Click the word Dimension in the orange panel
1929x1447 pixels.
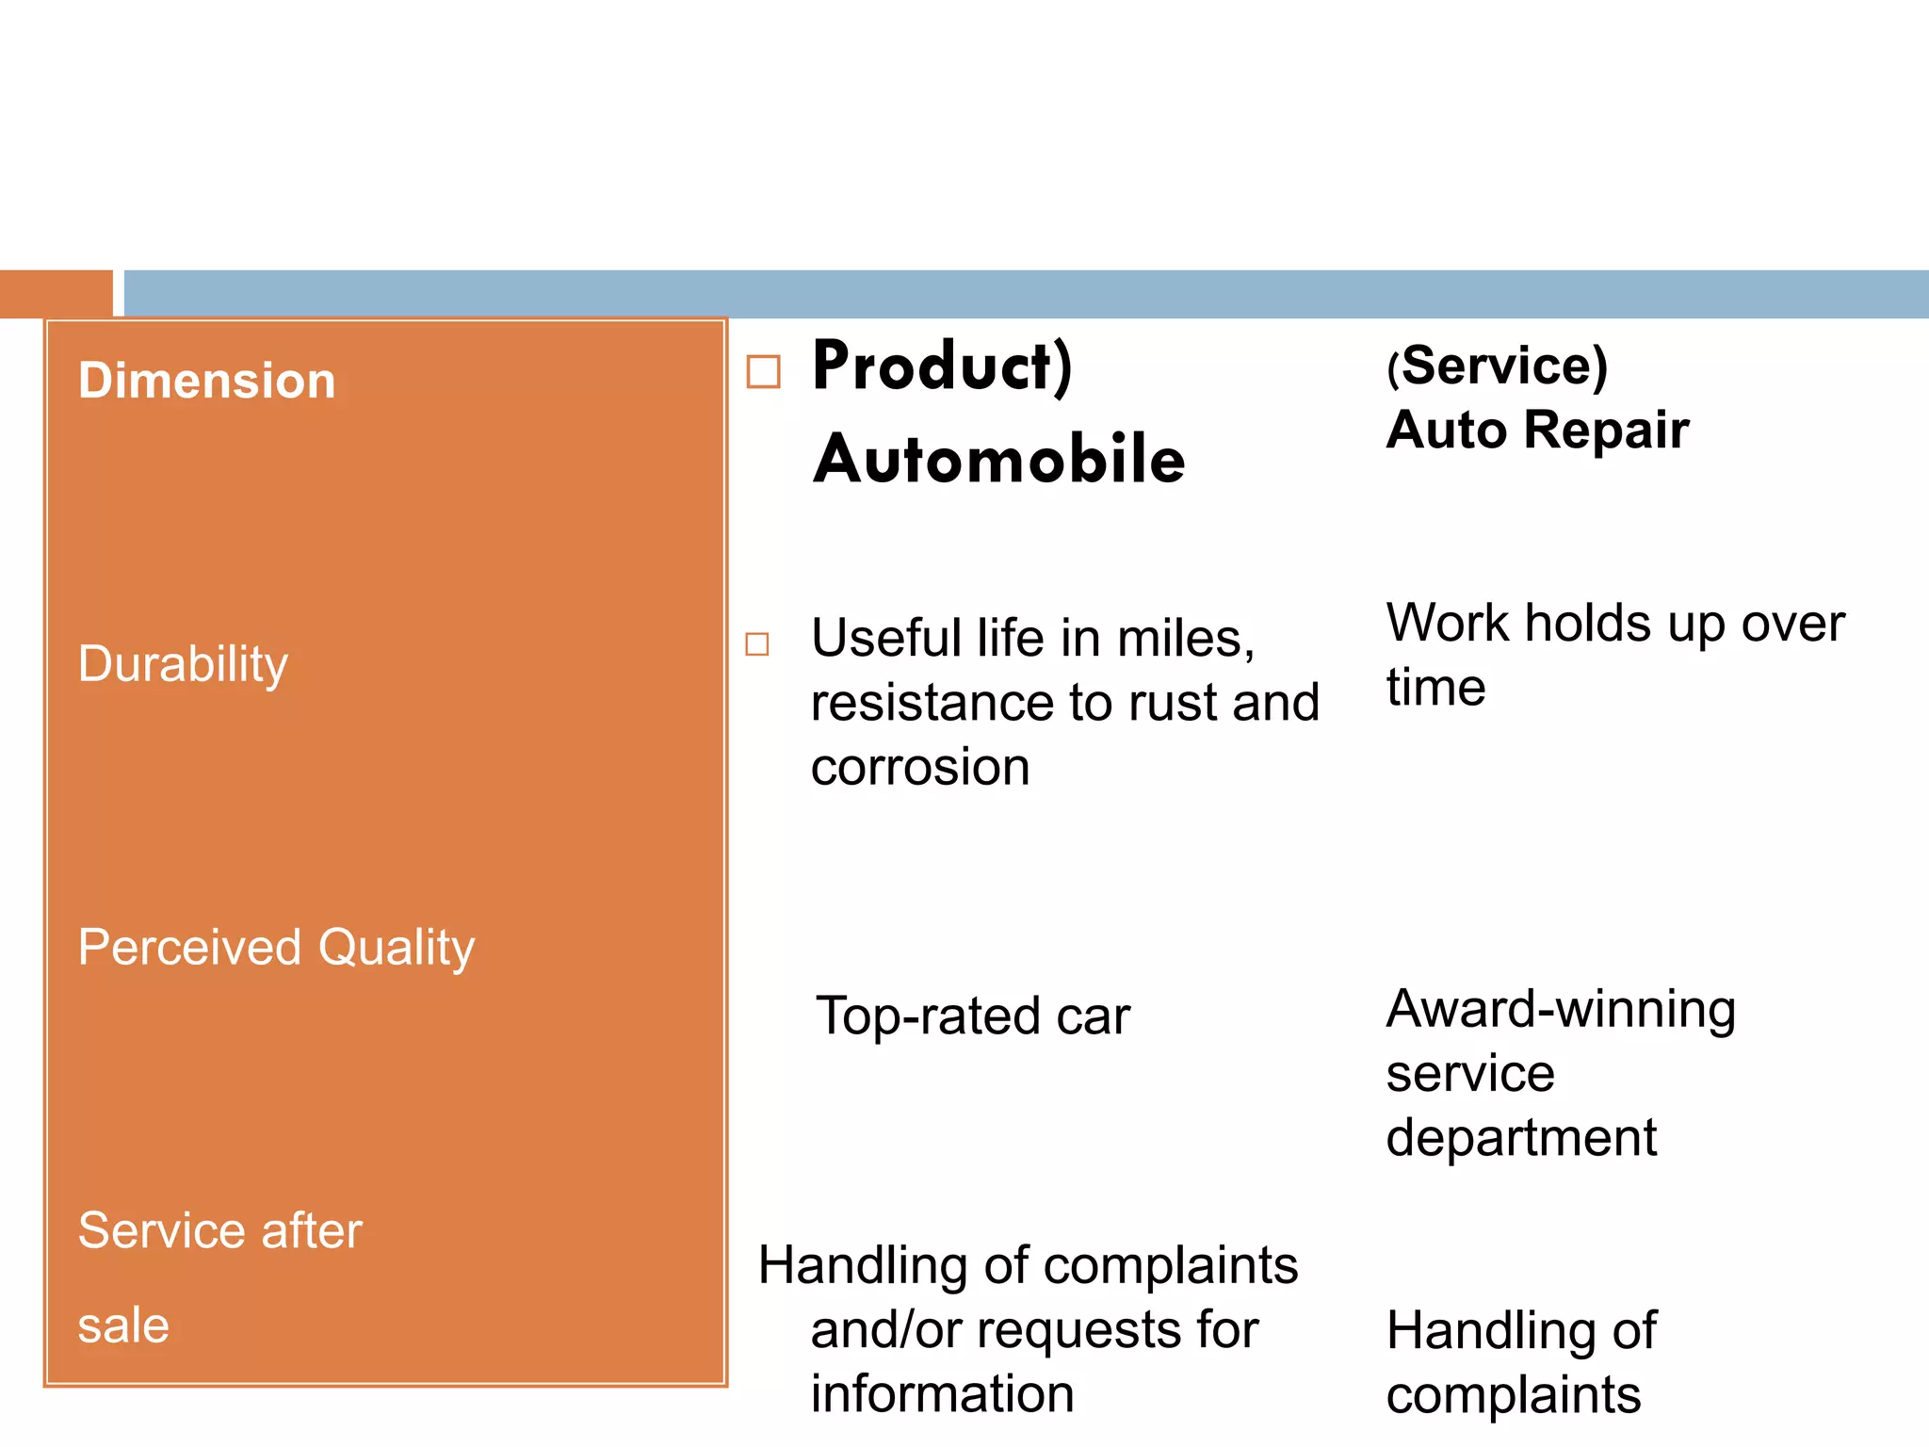[x=206, y=381]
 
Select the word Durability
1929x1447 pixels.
[x=183, y=664]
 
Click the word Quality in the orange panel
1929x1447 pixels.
[x=397, y=948]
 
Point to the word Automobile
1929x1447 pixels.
[x=999, y=460]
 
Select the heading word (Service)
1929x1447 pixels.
[x=1497, y=366]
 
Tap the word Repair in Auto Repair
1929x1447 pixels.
[x=1607, y=430]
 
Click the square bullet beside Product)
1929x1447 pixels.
[x=763, y=371]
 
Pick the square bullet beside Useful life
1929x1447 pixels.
[x=757, y=644]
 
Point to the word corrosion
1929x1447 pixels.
[x=920, y=767]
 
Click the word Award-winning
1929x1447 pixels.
[x=1561, y=1009]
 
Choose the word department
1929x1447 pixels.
[x=1521, y=1137]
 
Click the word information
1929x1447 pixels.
[x=942, y=1393]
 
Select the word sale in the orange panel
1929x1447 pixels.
[x=123, y=1325]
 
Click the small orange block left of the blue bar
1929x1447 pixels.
[x=56, y=293]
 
